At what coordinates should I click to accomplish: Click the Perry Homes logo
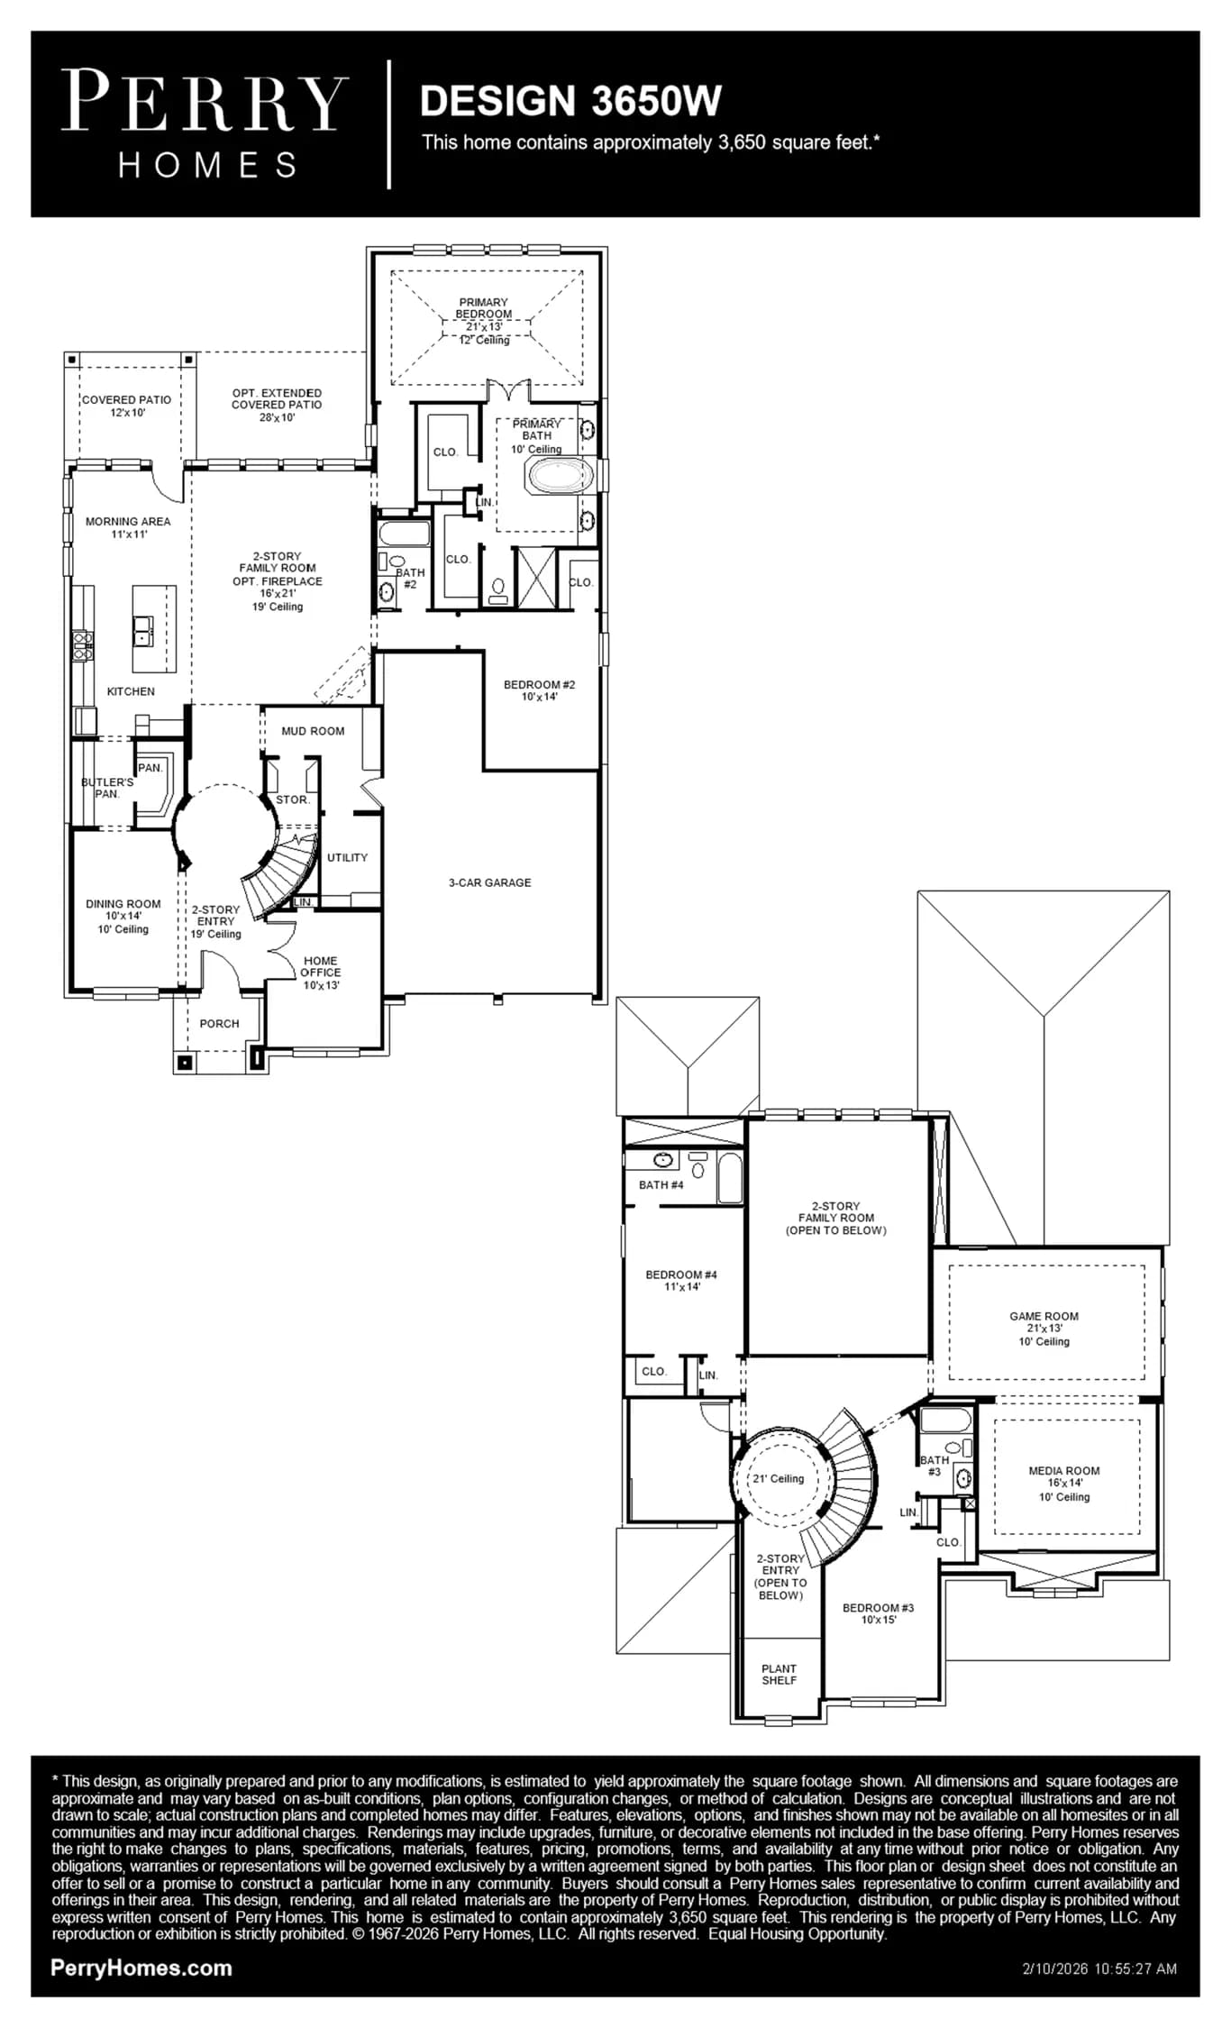click(205, 124)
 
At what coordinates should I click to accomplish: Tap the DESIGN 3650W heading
click(570, 101)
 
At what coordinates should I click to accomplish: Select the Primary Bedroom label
click(484, 321)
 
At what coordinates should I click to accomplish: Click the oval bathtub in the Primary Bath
click(561, 475)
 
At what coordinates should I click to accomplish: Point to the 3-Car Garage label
click(490, 882)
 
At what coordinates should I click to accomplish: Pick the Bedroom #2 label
click(539, 690)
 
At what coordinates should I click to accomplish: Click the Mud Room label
click(313, 731)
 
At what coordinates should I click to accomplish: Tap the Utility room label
click(348, 857)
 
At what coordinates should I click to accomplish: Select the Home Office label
click(321, 973)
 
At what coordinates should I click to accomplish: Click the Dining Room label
click(123, 916)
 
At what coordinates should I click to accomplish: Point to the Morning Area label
click(128, 527)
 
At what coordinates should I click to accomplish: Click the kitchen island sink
click(143, 630)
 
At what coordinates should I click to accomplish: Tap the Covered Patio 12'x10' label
click(127, 406)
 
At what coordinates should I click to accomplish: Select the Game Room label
click(1044, 1329)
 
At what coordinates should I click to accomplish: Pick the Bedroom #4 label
click(681, 1281)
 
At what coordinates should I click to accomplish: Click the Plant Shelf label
click(780, 1674)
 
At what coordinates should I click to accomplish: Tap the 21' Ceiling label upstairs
click(779, 1478)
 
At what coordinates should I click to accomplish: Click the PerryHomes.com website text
click(141, 1969)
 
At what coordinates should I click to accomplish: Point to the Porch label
click(219, 1024)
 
